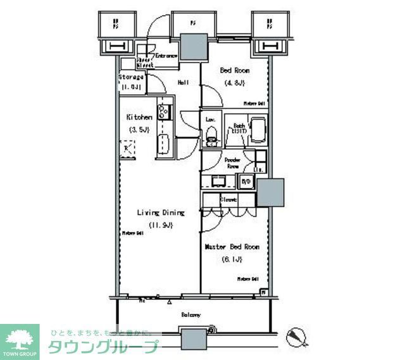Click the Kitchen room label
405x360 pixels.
tap(139, 117)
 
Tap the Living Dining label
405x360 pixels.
tap(161, 213)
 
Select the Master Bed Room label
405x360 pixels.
tap(232, 247)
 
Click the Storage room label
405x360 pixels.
tap(131, 77)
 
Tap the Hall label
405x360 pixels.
tap(184, 82)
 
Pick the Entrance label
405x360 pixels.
tap(166, 56)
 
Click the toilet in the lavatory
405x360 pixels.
tap(211, 135)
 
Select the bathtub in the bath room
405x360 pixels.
tap(258, 131)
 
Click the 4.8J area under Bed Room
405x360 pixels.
tap(232, 82)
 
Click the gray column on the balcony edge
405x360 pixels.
tap(194, 338)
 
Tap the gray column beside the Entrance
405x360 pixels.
tap(194, 47)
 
